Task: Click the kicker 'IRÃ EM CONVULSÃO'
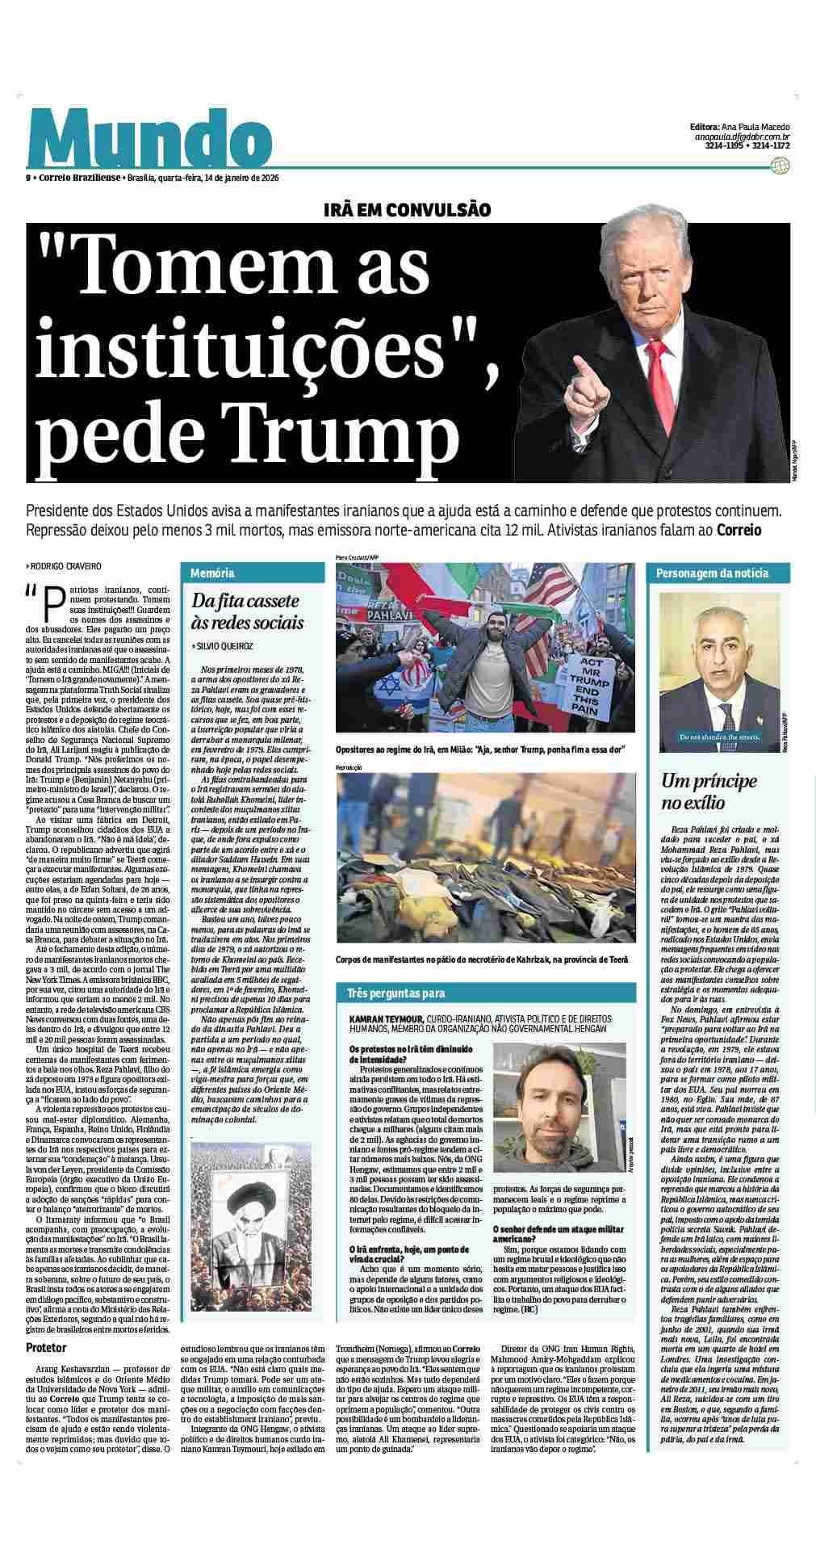coord(407,210)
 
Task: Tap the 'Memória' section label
coord(213,573)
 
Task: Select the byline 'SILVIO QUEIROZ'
coord(226,646)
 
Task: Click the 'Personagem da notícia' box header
coord(712,573)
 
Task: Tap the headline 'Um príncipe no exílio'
coord(709,791)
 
